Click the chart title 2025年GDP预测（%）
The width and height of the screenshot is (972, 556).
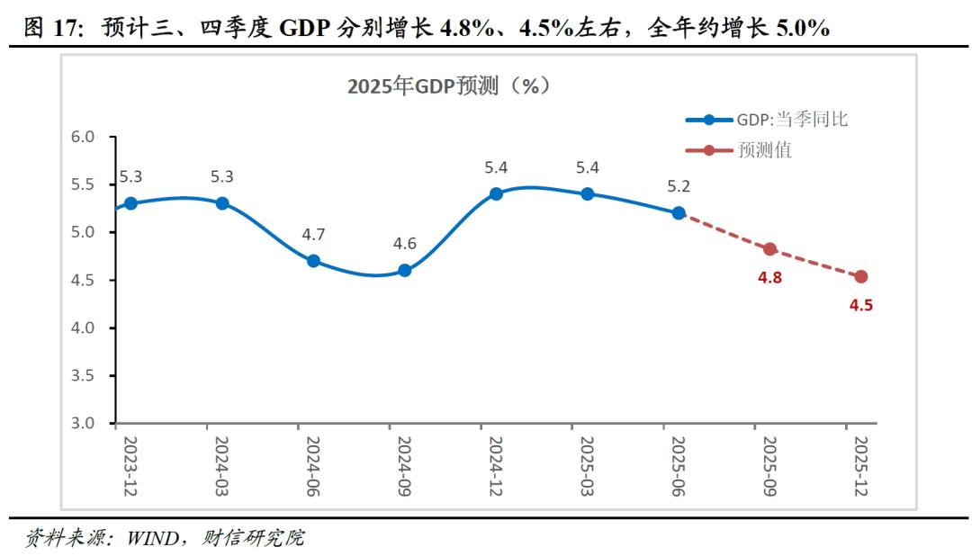448,86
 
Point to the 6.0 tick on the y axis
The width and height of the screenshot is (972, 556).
83,137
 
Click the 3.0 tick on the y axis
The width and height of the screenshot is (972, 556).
83,423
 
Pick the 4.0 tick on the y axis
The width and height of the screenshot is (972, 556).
83,327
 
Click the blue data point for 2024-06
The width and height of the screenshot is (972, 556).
313,261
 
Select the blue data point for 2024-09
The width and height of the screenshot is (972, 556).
404,270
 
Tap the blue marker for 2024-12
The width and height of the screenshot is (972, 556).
496,193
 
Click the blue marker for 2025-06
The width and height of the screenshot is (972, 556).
679,213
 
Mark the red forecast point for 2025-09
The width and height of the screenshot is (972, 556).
769,249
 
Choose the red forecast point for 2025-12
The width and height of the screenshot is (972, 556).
861,277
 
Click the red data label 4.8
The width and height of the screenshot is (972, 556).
769,277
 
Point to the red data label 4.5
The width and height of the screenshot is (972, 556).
861,305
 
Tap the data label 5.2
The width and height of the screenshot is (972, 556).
679,187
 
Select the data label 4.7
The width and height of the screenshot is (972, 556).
313,235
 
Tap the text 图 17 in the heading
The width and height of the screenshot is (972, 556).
47,29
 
